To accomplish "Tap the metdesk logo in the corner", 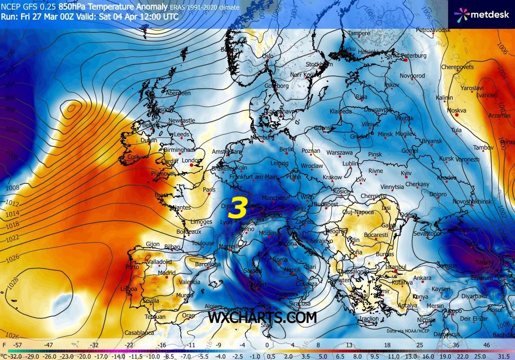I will coord(481,14).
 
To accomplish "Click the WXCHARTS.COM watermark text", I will coord(262,317).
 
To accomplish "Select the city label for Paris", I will coord(209,189).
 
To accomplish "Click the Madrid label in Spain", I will coord(167,273).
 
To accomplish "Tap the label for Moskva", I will coord(456,111).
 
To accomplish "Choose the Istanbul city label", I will coord(396,267).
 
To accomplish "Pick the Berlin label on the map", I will coord(286,150).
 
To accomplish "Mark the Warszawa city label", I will coord(339,152).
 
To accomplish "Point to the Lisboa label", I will coord(129,289).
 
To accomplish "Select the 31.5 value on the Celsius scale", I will coord(503,356).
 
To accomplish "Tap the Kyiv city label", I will coord(406,173).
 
